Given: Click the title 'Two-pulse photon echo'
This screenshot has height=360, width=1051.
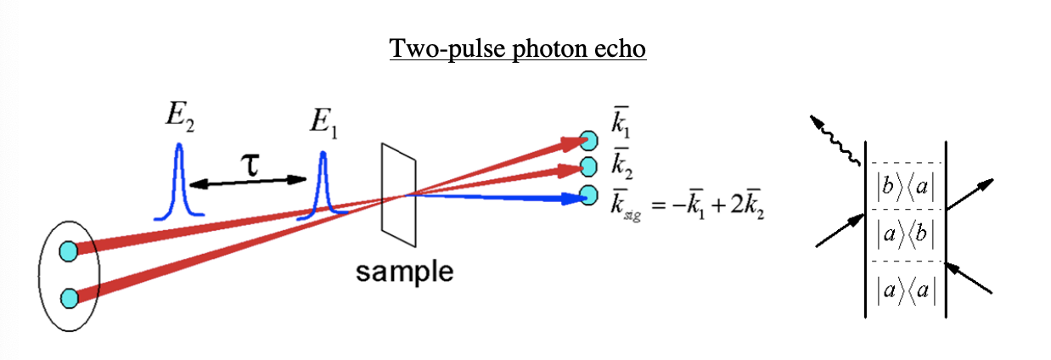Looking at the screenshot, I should (518, 48).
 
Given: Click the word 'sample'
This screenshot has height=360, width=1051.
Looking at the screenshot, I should (404, 272).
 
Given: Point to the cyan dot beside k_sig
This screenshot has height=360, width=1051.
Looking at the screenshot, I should (587, 194).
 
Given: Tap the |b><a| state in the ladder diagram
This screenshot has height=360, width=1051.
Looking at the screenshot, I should (906, 186).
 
